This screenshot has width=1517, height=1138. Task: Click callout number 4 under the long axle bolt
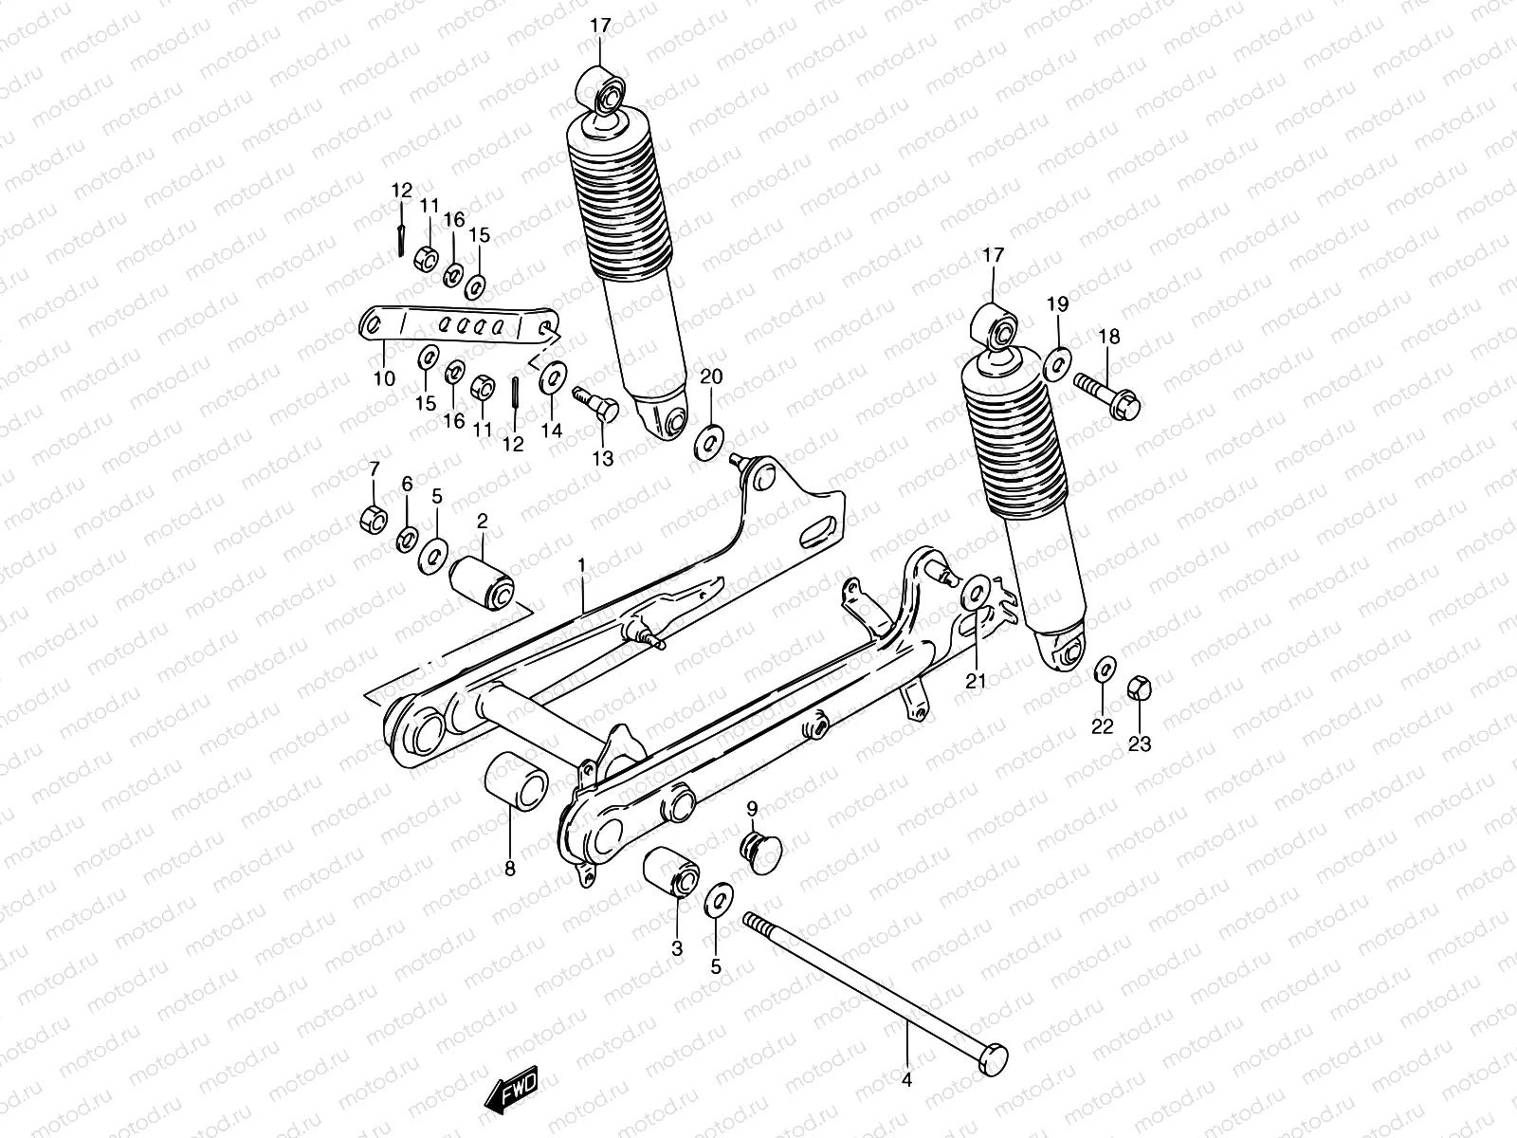tap(905, 1080)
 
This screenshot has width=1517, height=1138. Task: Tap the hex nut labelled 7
tap(374, 518)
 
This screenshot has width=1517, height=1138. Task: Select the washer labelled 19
tap(1058, 361)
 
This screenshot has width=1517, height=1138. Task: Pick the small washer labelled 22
tap(1104, 670)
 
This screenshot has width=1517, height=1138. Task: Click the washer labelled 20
tap(708, 441)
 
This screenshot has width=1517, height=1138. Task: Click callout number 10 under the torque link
tap(384, 378)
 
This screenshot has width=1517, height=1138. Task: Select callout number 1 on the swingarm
tap(581, 567)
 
